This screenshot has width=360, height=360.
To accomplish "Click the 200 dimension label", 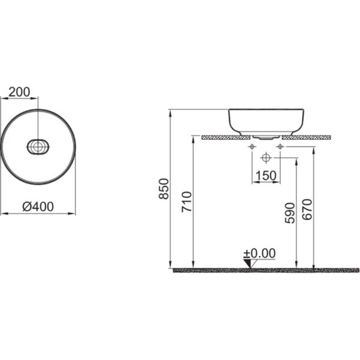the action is [x=19, y=92].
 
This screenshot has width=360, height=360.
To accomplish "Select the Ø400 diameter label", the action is [x=38, y=206].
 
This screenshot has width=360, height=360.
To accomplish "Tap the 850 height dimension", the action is [x=164, y=189].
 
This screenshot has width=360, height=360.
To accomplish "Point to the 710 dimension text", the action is [x=187, y=202].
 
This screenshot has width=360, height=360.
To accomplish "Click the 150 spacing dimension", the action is [x=266, y=176].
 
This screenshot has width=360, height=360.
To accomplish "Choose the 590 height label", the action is [x=290, y=213].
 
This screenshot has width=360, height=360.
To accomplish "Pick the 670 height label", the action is [x=307, y=209].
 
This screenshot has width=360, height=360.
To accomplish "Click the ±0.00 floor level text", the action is [x=259, y=253].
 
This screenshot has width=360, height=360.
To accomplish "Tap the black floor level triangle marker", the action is [x=248, y=263].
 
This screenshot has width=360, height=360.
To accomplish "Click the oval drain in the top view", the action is [x=38, y=147].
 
